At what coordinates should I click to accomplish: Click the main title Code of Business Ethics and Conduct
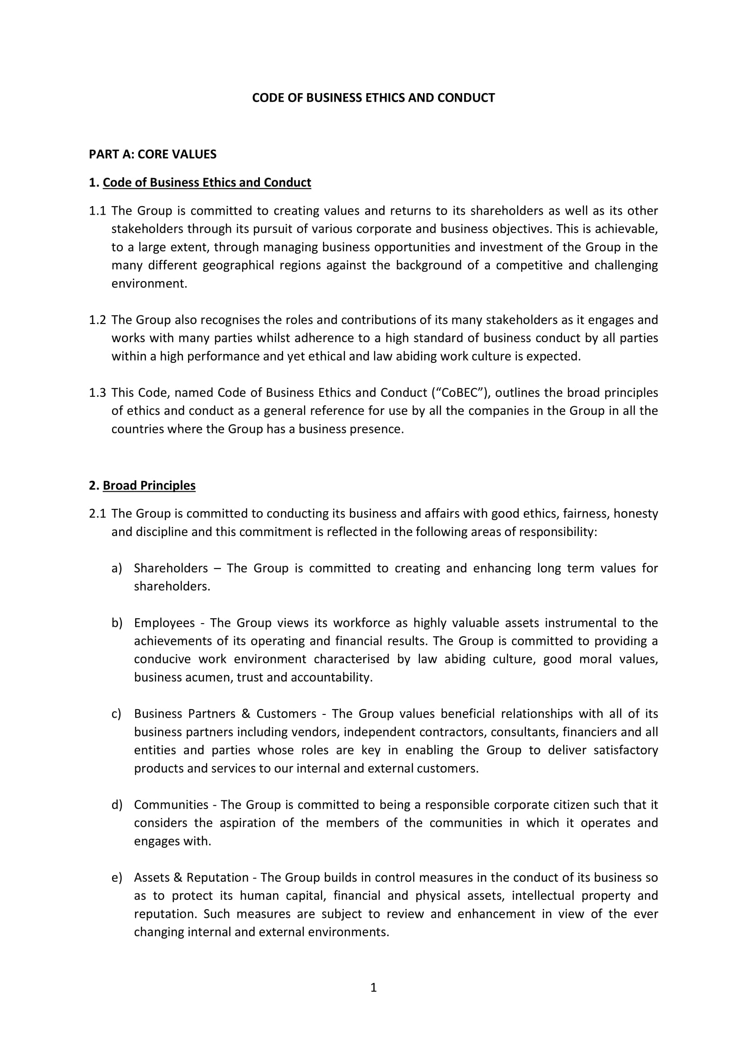pyautogui.click(x=373, y=98)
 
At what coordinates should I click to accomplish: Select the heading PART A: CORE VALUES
pyautogui.click(x=152, y=154)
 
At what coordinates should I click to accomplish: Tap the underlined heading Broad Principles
pyautogui.click(x=149, y=485)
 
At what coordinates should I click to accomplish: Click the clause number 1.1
pyautogui.click(x=97, y=211)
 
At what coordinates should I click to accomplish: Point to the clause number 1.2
pyautogui.click(x=97, y=320)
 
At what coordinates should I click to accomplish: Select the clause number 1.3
pyautogui.click(x=97, y=393)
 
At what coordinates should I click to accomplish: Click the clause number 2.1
pyautogui.click(x=97, y=513)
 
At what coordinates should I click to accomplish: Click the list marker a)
pyautogui.click(x=117, y=568)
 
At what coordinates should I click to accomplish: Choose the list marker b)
pyautogui.click(x=117, y=623)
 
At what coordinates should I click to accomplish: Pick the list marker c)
pyautogui.click(x=117, y=714)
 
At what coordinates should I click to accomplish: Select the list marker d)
pyautogui.click(x=117, y=805)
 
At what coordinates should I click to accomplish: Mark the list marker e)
pyautogui.click(x=117, y=878)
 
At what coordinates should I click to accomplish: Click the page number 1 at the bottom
pyautogui.click(x=373, y=987)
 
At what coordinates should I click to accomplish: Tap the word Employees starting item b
pyautogui.click(x=164, y=623)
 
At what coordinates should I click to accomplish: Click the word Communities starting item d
pyautogui.click(x=171, y=805)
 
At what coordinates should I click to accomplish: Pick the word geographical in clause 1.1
pyautogui.click(x=238, y=266)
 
